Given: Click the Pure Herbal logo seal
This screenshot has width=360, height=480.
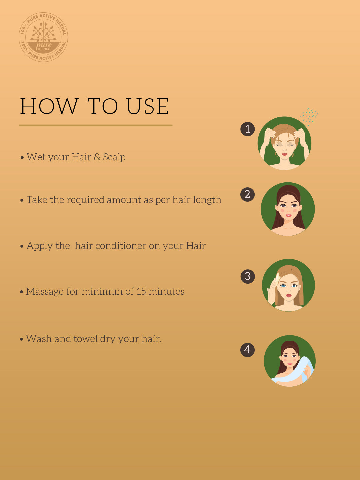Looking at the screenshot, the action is [x=43, y=37].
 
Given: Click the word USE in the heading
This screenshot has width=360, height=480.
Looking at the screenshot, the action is [x=148, y=106].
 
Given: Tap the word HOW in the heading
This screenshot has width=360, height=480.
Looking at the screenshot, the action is [x=49, y=106].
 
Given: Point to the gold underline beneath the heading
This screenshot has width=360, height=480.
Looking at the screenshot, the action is [x=96, y=125].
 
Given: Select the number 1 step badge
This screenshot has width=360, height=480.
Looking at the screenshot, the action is [x=248, y=129].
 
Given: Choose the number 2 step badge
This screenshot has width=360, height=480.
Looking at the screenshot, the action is [x=247, y=194].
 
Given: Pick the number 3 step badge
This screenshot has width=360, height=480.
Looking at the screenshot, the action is [x=248, y=276].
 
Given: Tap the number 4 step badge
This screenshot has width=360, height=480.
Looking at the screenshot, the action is [x=247, y=350].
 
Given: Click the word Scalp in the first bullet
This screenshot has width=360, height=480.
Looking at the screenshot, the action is [x=114, y=157].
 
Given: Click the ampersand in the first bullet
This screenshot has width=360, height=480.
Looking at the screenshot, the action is [x=97, y=157].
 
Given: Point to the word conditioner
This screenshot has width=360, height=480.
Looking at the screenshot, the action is [x=121, y=246].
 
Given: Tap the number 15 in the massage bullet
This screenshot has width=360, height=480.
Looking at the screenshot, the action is [x=141, y=291].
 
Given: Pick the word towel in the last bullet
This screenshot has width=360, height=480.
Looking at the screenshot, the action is [x=85, y=339].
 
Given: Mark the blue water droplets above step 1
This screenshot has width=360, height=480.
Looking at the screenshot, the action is [x=309, y=117].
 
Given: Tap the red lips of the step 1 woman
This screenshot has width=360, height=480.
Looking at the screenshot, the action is [x=284, y=154].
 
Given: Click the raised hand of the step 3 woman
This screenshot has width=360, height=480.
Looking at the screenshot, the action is [x=273, y=289].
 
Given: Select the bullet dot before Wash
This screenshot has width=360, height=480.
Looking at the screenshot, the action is [x=21, y=339].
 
